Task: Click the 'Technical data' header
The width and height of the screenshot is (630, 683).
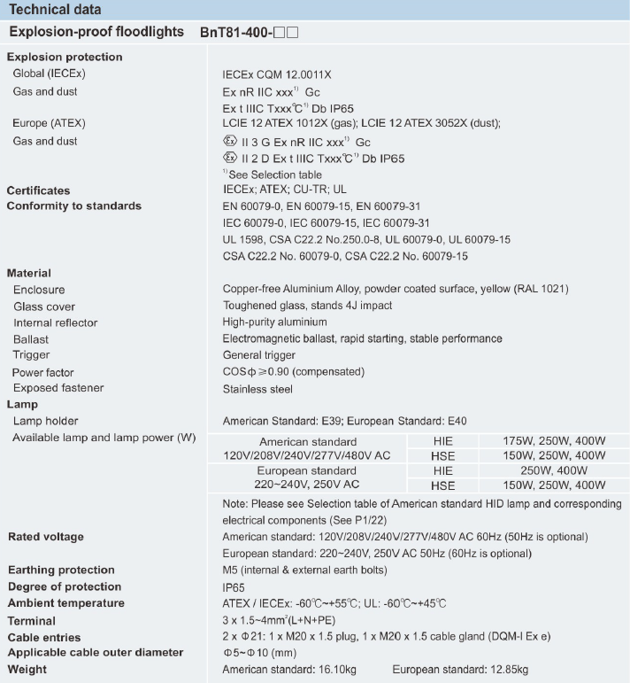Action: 55,10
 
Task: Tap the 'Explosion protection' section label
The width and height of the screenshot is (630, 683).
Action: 65,57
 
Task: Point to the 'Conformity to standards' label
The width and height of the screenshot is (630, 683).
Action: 74,206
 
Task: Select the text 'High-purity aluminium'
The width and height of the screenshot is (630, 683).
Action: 274,322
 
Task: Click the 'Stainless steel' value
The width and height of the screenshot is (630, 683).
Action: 257,388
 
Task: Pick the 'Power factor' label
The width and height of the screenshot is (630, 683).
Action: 43,373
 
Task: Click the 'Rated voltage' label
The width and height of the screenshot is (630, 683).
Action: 45,537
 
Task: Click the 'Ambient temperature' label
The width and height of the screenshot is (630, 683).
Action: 66,603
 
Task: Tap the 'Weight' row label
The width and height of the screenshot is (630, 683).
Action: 27,670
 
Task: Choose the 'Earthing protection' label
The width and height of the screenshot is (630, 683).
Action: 61,570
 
